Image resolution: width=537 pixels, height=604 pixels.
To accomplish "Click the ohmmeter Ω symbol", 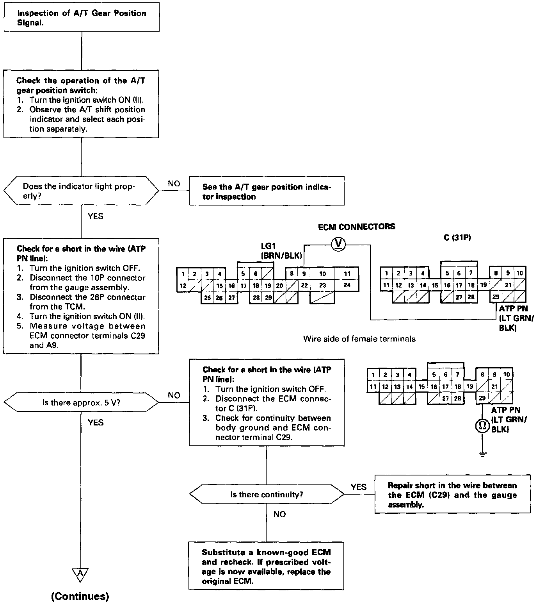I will tap(482, 426).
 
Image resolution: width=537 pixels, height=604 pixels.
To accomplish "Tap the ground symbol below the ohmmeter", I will tap(482, 454).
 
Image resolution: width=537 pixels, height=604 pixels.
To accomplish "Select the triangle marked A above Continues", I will tap(80, 574).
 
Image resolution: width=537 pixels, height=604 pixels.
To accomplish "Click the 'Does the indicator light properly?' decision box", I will tap(81, 191).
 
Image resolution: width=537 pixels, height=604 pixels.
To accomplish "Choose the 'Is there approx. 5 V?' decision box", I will tap(81, 402).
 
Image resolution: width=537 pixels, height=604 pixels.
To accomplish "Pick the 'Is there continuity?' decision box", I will tap(267, 495).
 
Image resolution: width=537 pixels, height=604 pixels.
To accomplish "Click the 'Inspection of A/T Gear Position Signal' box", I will tap(82, 18).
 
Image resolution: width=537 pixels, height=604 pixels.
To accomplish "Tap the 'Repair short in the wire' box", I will tap(452, 495).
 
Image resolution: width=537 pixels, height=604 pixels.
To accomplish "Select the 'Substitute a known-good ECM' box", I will tap(266, 566).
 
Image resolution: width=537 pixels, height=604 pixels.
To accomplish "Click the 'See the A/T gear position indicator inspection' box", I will tap(267, 191).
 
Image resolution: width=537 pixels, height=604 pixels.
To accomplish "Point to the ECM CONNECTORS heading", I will tap(356, 227).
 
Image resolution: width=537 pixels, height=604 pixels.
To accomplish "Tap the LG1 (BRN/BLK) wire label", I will tap(281, 251).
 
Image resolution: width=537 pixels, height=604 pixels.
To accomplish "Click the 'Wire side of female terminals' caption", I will tap(359, 339).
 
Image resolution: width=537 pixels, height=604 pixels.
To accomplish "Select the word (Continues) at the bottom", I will tap(80, 596).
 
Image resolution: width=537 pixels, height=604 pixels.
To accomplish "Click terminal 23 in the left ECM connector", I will tap(322, 286).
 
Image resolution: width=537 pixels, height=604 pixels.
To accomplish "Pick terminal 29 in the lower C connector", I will tap(482, 398).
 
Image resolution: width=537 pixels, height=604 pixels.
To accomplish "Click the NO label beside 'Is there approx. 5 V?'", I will tap(174, 395).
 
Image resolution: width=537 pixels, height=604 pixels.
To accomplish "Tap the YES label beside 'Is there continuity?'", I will tap(358, 487).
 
